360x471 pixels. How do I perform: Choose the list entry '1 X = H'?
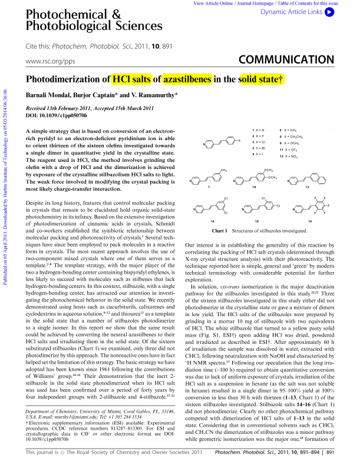tap(259, 129)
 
